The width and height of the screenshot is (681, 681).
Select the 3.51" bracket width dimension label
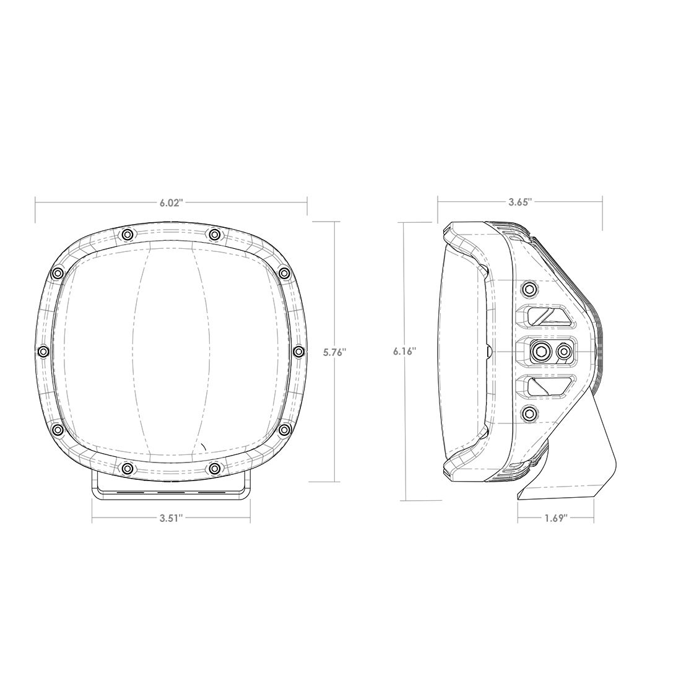coord(171,519)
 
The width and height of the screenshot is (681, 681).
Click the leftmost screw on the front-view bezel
coord(42,352)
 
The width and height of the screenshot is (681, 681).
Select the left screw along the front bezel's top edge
coord(127,234)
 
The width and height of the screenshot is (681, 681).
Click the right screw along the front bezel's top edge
coord(214,234)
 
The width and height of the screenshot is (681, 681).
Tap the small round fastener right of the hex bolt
coord(563,352)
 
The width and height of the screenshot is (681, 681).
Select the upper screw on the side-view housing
coord(529,288)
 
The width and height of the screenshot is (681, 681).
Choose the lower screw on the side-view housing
coord(529,414)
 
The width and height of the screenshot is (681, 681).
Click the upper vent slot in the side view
coord(547,317)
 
